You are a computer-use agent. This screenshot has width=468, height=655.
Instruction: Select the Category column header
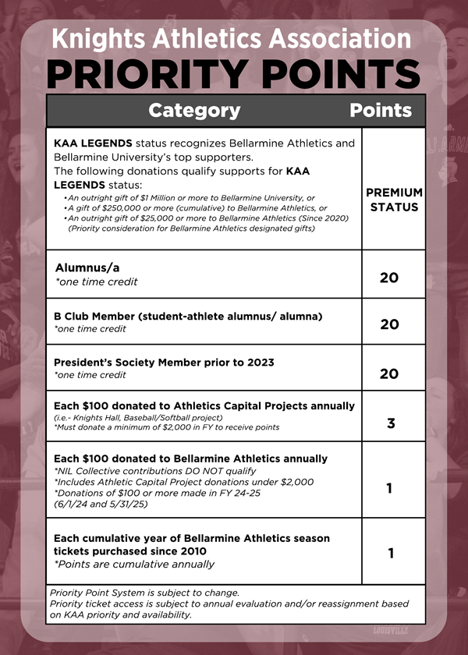click(194, 110)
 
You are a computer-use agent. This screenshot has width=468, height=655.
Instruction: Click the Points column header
click(380, 110)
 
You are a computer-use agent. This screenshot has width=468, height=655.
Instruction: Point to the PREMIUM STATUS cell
click(394, 200)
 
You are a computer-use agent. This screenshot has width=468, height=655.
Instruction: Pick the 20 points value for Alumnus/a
click(389, 277)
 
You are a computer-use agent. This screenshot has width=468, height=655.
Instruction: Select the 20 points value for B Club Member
click(389, 324)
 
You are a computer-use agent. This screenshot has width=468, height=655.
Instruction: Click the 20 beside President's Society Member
click(389, 374)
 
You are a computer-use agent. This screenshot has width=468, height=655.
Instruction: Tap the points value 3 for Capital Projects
click(390, 423)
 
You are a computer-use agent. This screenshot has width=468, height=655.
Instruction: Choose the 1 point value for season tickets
click(390, 553)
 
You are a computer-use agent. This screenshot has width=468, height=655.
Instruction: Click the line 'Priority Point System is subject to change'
click(144, 593)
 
